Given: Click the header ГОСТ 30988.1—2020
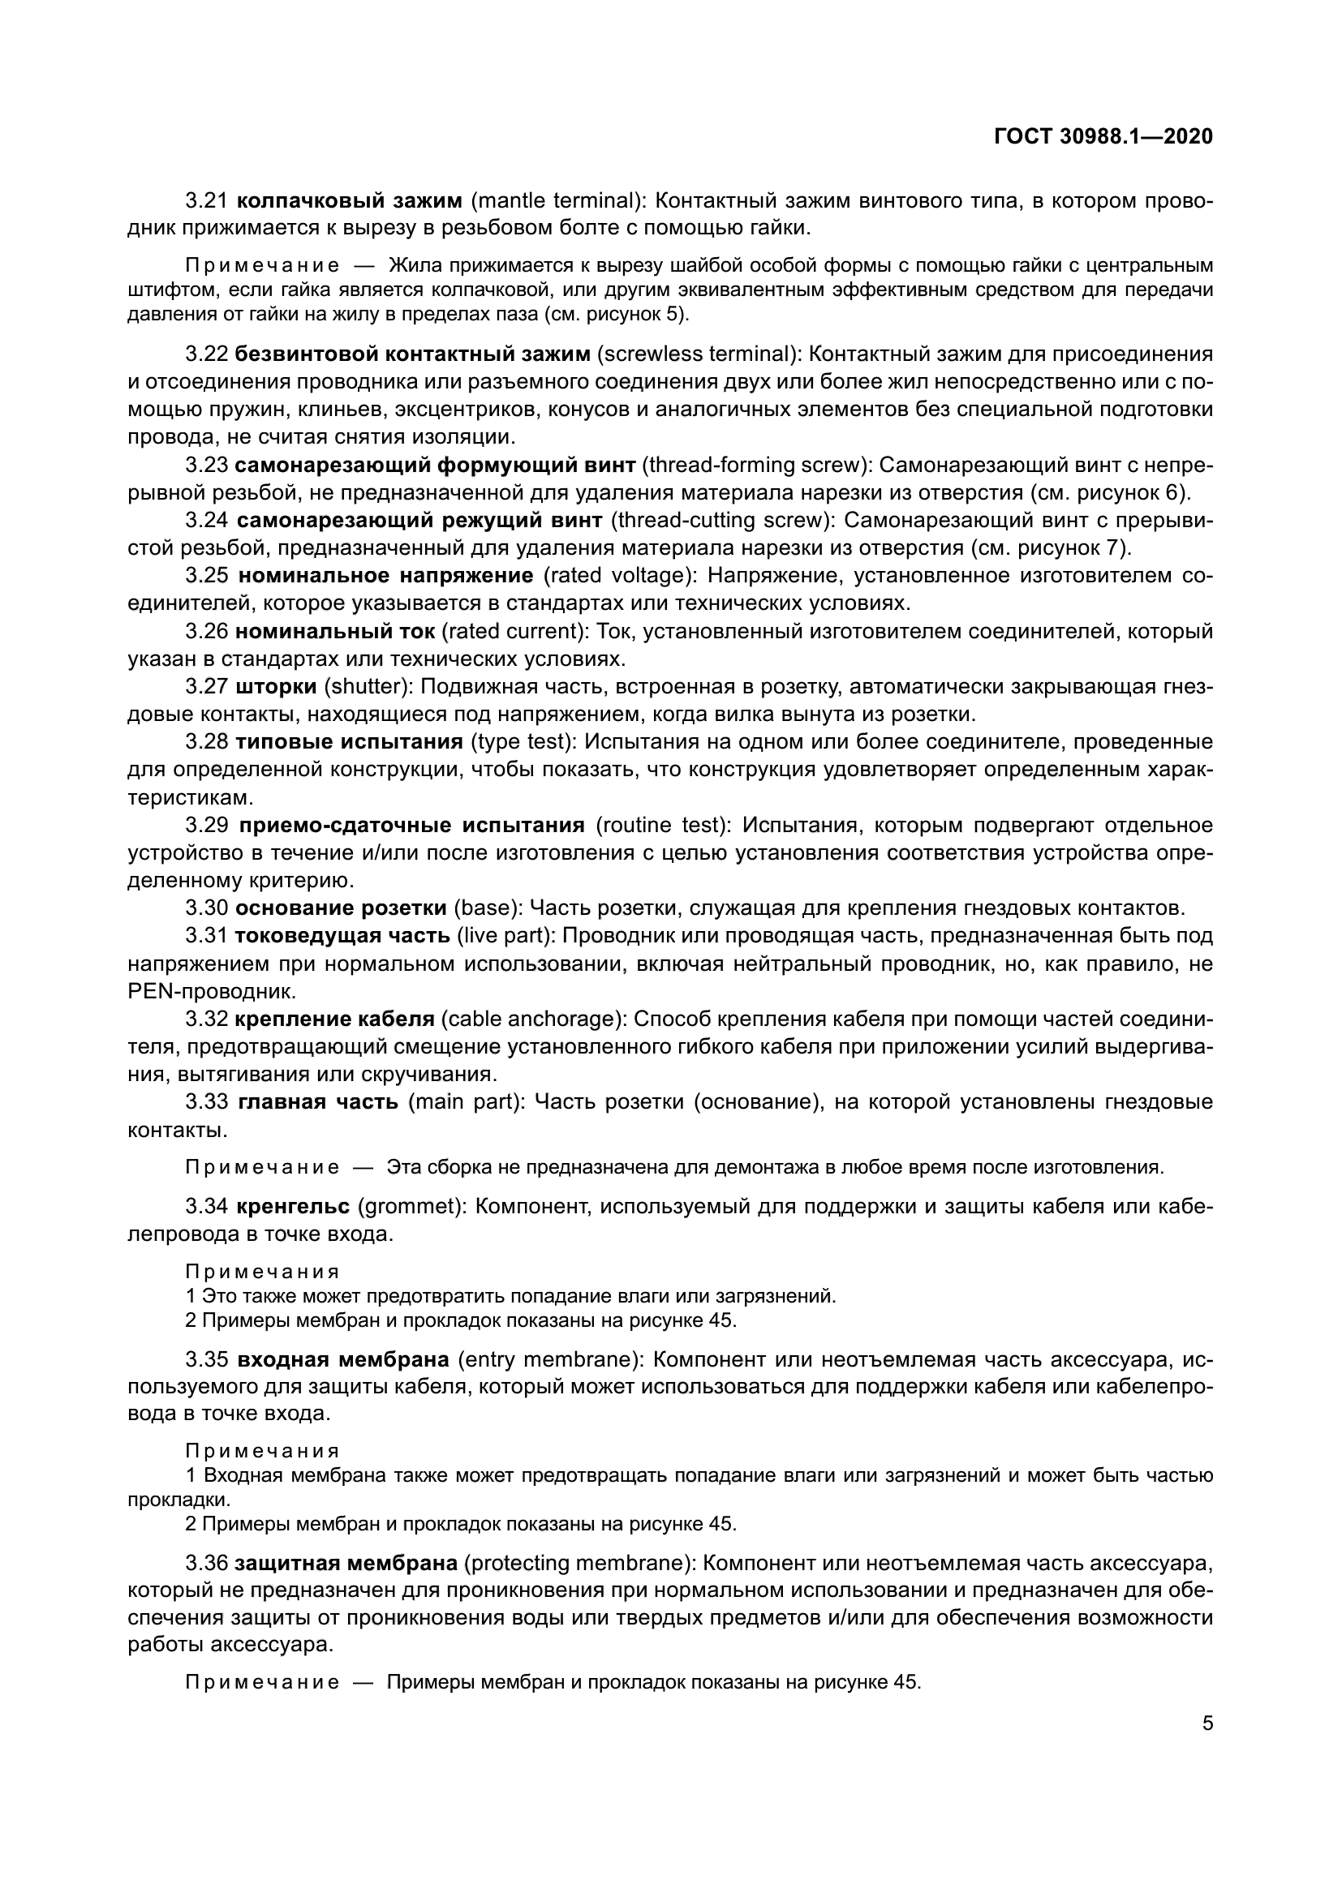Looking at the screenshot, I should [x=1103, y=136].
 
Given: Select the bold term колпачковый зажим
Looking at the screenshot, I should [x=349, y=201].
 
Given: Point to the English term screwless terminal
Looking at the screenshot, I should [x=697, y=354].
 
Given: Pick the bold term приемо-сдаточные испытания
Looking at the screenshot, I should [x=411, y=826].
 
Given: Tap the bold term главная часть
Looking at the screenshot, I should [x=317, y=1101].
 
